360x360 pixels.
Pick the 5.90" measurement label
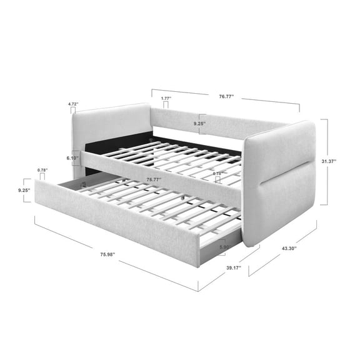[224, 247]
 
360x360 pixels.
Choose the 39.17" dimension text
[234, 267]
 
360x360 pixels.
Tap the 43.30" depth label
[289, 248]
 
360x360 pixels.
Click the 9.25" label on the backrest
[199, 124]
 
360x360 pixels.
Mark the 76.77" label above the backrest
[226, 97]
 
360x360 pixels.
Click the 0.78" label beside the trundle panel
[42, 170]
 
